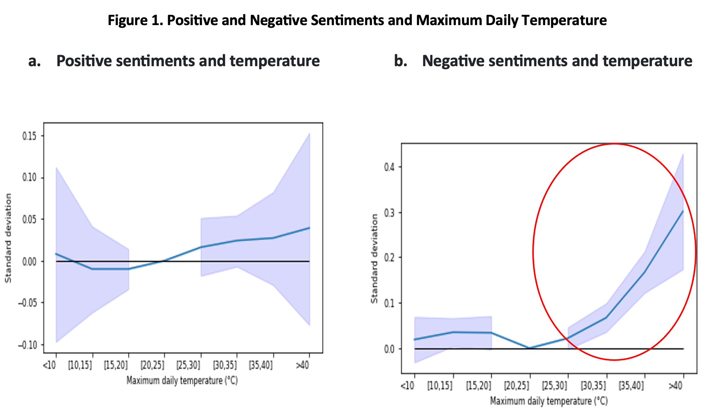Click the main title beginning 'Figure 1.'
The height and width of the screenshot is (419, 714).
357,20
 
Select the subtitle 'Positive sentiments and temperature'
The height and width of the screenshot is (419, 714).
188,61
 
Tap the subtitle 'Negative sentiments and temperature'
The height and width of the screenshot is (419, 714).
557,61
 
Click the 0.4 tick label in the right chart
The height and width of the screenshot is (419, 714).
389,167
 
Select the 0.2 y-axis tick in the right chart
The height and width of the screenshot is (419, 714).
389,257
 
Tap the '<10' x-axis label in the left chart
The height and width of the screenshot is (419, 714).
49,365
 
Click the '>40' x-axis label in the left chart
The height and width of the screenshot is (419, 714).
303,365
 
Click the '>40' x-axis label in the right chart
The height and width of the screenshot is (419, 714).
676,386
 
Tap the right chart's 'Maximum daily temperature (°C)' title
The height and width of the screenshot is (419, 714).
549,401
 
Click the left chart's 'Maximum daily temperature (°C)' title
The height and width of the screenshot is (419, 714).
182,381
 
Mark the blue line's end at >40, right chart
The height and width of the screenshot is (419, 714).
683,211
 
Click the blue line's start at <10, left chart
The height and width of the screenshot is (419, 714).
56,254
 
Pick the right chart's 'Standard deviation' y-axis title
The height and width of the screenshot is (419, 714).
374,259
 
